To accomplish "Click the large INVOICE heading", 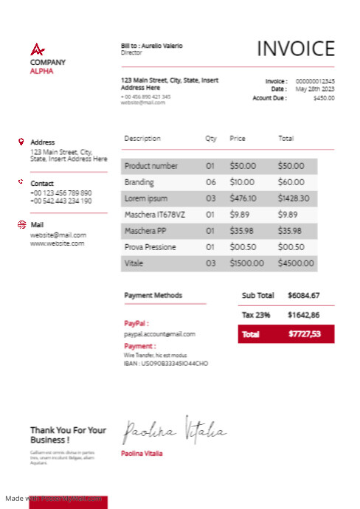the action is click(295, 49).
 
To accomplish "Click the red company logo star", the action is click(37, 50).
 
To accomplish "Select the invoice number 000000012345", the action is click(315, 81).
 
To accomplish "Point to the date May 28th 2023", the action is click(315, 89).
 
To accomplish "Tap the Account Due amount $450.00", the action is click(323, 97).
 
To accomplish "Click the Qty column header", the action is click(211, 139).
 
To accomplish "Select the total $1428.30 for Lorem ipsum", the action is click(293, 198).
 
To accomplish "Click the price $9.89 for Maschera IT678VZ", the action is click(239, 215).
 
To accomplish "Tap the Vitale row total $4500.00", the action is click(295, 263).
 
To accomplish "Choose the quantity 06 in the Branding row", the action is click(210, 182).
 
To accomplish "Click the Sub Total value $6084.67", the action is click(303, 296).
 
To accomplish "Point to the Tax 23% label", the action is click(256, 315).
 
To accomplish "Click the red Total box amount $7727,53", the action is click(304, 334).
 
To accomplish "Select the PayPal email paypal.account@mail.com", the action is click(159, 334).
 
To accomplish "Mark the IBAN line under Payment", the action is click(166, 364).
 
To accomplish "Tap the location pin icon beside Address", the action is click(21, 142).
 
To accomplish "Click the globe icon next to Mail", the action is click(21, 224).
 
